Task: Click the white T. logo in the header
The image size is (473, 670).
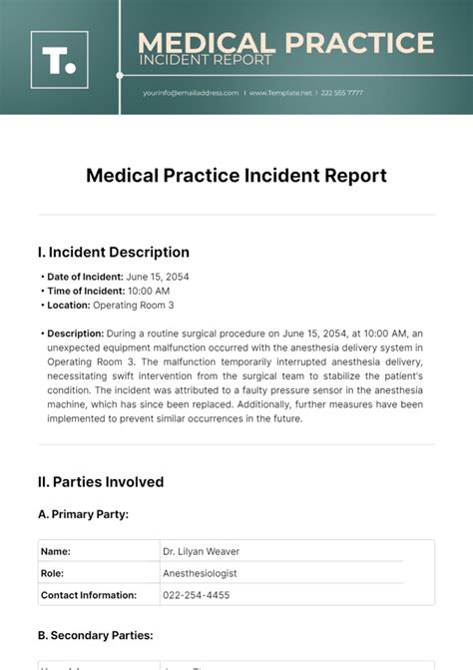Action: [x=59, y=60]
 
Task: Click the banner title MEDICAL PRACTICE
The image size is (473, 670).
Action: [x=285, y=43]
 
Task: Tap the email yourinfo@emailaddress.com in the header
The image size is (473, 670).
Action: [x=191, y=93]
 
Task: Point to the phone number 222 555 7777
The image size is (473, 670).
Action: [x=342, y=93]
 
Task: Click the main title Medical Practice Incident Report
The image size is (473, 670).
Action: [x=236, y=176]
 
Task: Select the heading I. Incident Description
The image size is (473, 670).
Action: [x=113, y=253]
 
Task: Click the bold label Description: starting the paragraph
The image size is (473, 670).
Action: [x=75, y=334]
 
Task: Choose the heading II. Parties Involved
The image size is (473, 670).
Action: [x=101, y=482]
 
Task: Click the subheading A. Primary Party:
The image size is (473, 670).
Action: [x=83, y=514]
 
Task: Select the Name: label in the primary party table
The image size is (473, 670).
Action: [x=56, y=551]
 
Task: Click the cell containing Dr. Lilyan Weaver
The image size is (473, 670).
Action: [x=201, y=551]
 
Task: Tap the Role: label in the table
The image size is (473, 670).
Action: [x=53, y=573]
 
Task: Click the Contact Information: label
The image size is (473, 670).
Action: [x=89, y=595]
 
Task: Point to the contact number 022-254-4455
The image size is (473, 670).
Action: [x=196, y=595]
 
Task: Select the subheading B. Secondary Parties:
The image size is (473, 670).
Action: [x=95, y=634]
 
